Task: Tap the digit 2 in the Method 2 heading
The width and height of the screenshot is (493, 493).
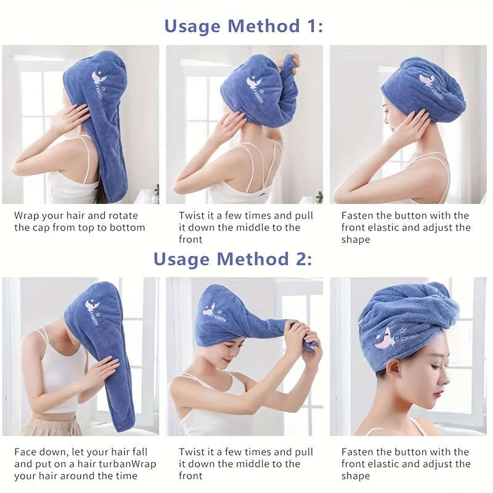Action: [x=303, y=259]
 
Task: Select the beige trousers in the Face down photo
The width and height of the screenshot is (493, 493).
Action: [x=52, y=425]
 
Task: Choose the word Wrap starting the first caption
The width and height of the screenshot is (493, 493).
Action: [x=26, y=216]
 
